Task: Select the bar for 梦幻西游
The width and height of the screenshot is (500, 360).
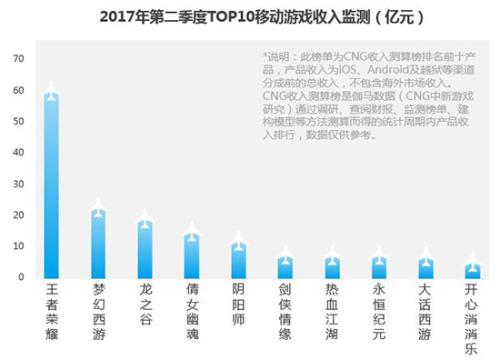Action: [98, 245]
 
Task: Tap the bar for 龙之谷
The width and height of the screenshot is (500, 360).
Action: [145, 250]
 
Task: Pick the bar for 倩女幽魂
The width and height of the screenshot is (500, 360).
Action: [192, 257]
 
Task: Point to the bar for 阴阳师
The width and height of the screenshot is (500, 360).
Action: [238, 261]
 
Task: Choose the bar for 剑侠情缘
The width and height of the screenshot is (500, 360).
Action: [285, 268]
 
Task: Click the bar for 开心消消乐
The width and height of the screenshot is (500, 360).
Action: [473, 271]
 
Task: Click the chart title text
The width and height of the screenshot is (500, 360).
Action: [250, 17]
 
